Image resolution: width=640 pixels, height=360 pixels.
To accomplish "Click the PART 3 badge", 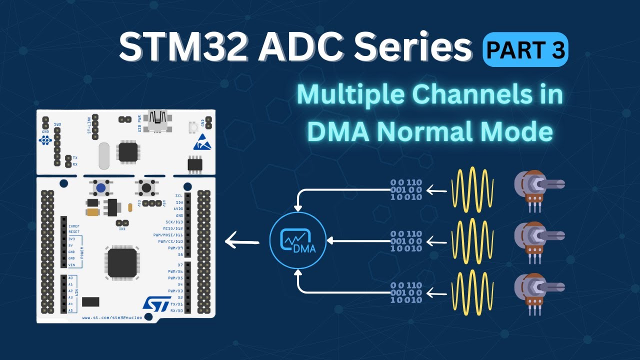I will pyautogui.click(x=525, y=49).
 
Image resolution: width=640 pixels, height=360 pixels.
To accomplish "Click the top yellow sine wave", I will pyautogui.click(x=472, y=190).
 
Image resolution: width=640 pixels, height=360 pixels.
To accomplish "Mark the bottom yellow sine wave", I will pyautogui.click(x=472, y=293).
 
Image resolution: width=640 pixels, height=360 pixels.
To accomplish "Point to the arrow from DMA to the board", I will pyautogui.click(x=242, y=242).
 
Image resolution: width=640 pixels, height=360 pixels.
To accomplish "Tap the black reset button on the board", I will pyautogui.click(x=145, y=188).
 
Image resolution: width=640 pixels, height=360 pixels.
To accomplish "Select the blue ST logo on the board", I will pyautogui.click(x=154, y=303).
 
